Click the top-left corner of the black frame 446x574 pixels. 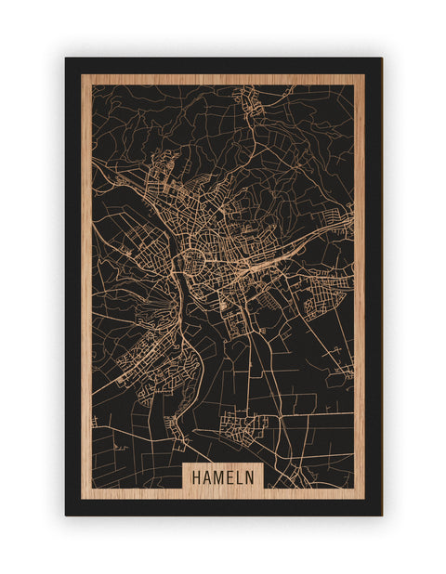(66, 59)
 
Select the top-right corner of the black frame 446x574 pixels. (381, 59)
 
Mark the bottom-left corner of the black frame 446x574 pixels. (66, 515)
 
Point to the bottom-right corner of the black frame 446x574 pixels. (381, 515)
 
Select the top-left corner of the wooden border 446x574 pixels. (82, 75)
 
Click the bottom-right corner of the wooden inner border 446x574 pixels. (364, 499)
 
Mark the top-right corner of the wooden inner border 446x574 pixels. (364, 75)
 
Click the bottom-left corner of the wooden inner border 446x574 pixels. (82, 499)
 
